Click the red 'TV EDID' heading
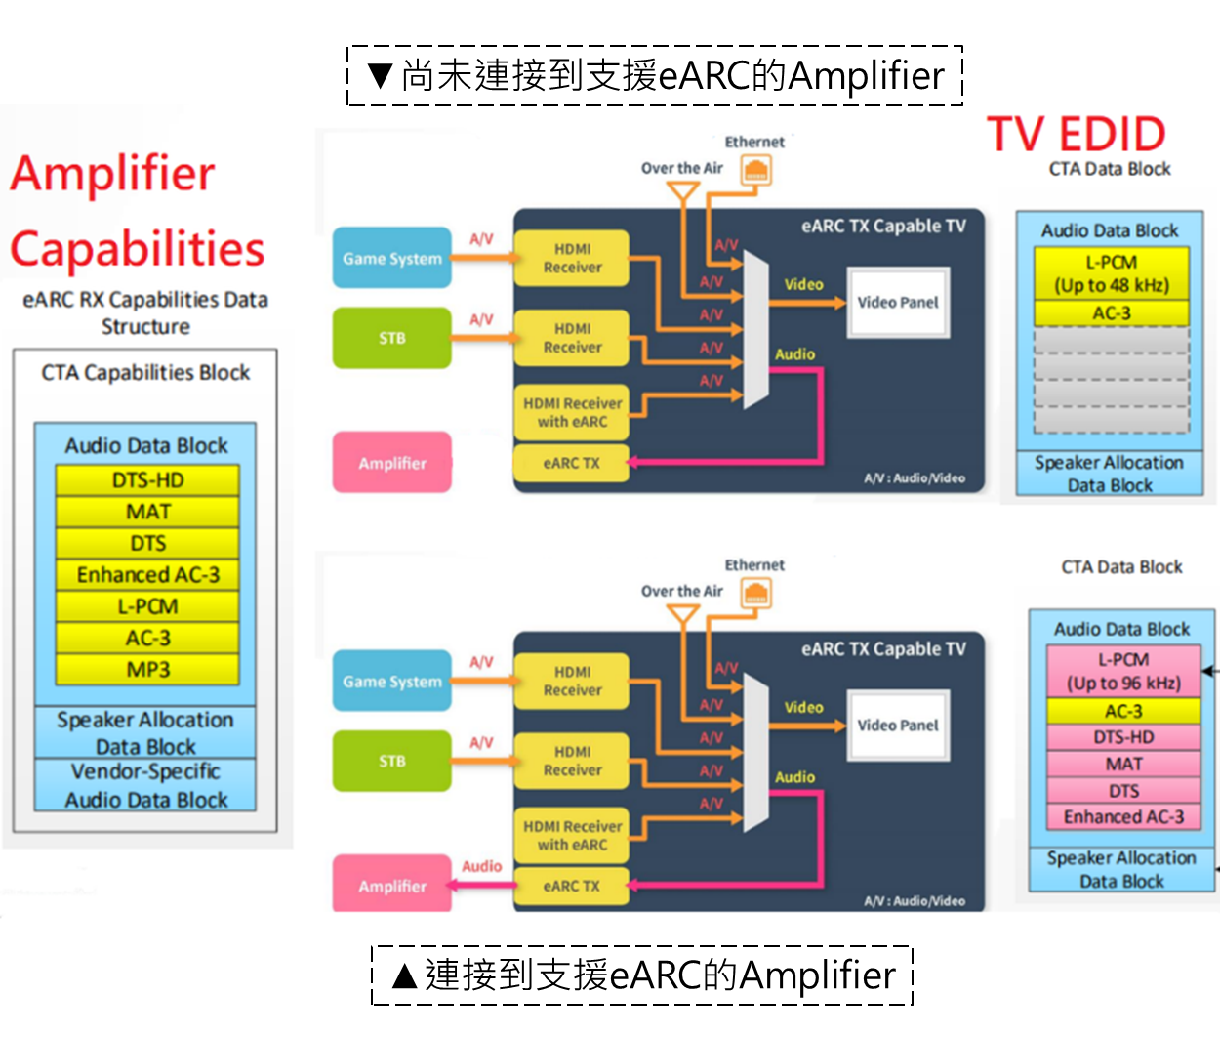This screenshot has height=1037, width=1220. click(x=1077, y=135)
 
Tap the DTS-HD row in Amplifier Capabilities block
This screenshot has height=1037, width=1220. click(x=147, y=480)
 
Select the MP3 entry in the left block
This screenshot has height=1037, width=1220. click(x=147, y=670)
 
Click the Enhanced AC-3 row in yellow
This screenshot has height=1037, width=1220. click(x=147, y=575)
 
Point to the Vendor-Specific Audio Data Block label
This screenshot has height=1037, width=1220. click(x=145, y=786)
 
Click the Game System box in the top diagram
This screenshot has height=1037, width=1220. click(x=392, y=259)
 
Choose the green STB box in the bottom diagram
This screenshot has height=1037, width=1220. click(x=392, y=761)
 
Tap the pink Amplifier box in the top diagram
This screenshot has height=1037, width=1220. click(x=392, y=463)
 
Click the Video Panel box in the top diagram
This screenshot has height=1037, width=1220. click(x=898, y=303)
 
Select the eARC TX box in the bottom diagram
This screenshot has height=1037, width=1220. click(x=571, y=886)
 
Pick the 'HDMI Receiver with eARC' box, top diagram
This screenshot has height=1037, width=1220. click(x=571, y=412)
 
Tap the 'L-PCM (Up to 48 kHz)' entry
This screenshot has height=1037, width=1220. click(x=1112, y=273)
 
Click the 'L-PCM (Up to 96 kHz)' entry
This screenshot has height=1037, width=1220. click(x=1123, y=671)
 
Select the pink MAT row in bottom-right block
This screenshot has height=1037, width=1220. click(x=1123, y=764)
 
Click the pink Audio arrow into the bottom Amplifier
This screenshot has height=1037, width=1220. click(x=482, y=885)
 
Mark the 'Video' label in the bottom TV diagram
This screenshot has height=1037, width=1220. click(x=803, y=707)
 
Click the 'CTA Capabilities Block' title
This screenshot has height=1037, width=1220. click(x=145, y=372)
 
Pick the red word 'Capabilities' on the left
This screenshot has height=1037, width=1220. click(x=138, y=249)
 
